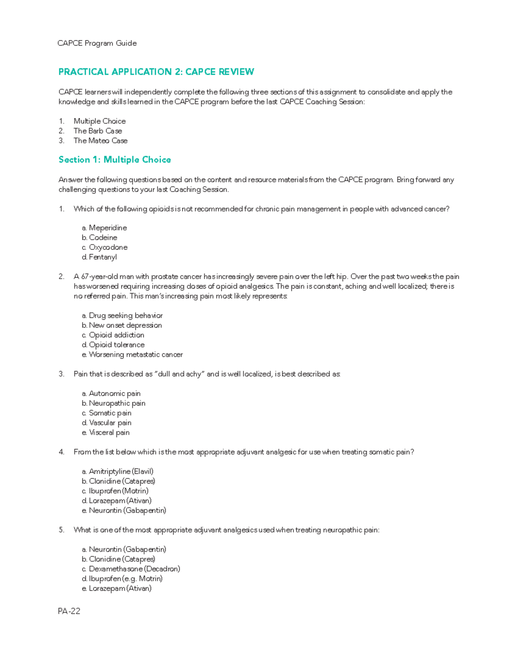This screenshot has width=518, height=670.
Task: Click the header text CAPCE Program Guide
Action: (x=97, y=43)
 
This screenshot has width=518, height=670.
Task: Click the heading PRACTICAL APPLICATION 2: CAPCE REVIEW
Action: (x=156, y=72)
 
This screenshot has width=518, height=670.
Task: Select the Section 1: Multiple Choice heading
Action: (x=115, y=160)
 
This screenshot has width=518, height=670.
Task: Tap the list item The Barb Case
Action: (x=98, y=131)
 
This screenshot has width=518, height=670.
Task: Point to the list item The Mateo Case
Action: (x=100, y=141)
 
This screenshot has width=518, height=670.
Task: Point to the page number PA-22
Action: (x=69, y=611)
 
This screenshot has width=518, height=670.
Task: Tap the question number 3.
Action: (x=61, y=374)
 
